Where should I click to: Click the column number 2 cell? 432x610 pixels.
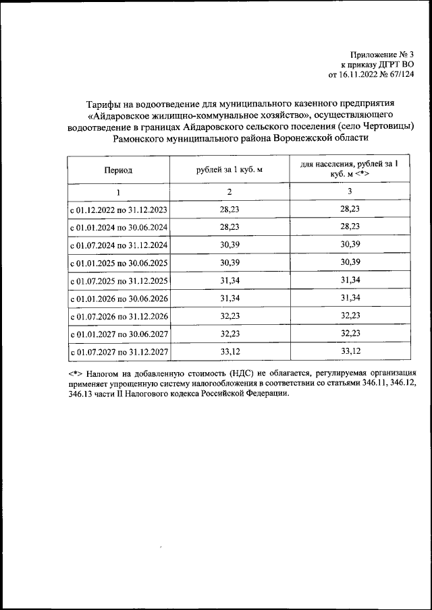229,192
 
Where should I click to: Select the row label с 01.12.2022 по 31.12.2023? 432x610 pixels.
119,210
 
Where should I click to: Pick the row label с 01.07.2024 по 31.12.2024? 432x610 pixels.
119,245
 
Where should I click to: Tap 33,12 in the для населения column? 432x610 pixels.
349,351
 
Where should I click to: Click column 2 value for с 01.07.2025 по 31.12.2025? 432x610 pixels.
229,280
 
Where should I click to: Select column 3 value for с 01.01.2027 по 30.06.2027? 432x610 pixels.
349,334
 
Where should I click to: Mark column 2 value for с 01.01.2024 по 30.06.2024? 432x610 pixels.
229,227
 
